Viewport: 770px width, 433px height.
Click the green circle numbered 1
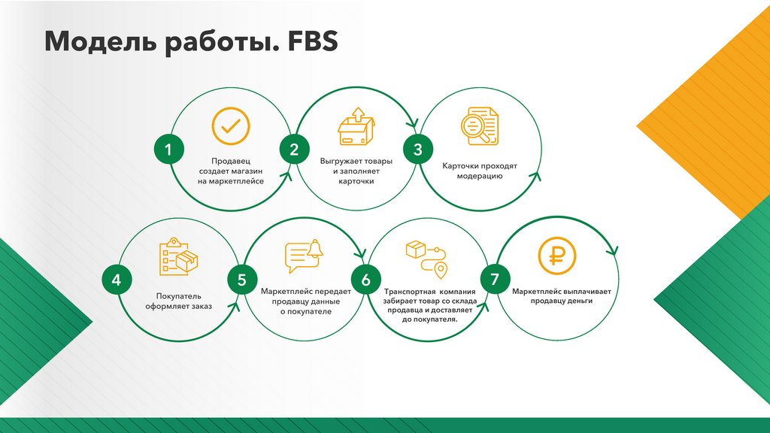pyautogui.click(x=168, y=150)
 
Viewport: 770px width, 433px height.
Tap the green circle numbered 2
pyautogui.click(x=294, y=150)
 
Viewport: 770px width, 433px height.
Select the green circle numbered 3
pyautogui.click(x=418, y=150)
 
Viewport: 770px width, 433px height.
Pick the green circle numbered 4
pyautogui.click(x=116, y=280)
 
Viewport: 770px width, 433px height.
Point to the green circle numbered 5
pyautogui.click(x=241, y=280)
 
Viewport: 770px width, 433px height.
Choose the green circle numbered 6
pyautogui.click(x=365, y=280)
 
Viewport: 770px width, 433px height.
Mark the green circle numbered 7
pyautogui.click(x=494, y=280)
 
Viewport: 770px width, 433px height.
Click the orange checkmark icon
pyautogui.click(x=230, y=126)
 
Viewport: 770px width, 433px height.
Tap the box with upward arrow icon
pyautogui.click(x=356, y=126)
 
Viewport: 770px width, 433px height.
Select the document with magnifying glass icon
pyautogui.click(x=479, y=124)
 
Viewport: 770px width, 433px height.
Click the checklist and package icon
pyautogui.click(x=178, y=257)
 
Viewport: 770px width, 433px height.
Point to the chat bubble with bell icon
pyautogui.click(x=303, y=257)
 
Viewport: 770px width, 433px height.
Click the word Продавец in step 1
pyautogui.click(x=230, y=161)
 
